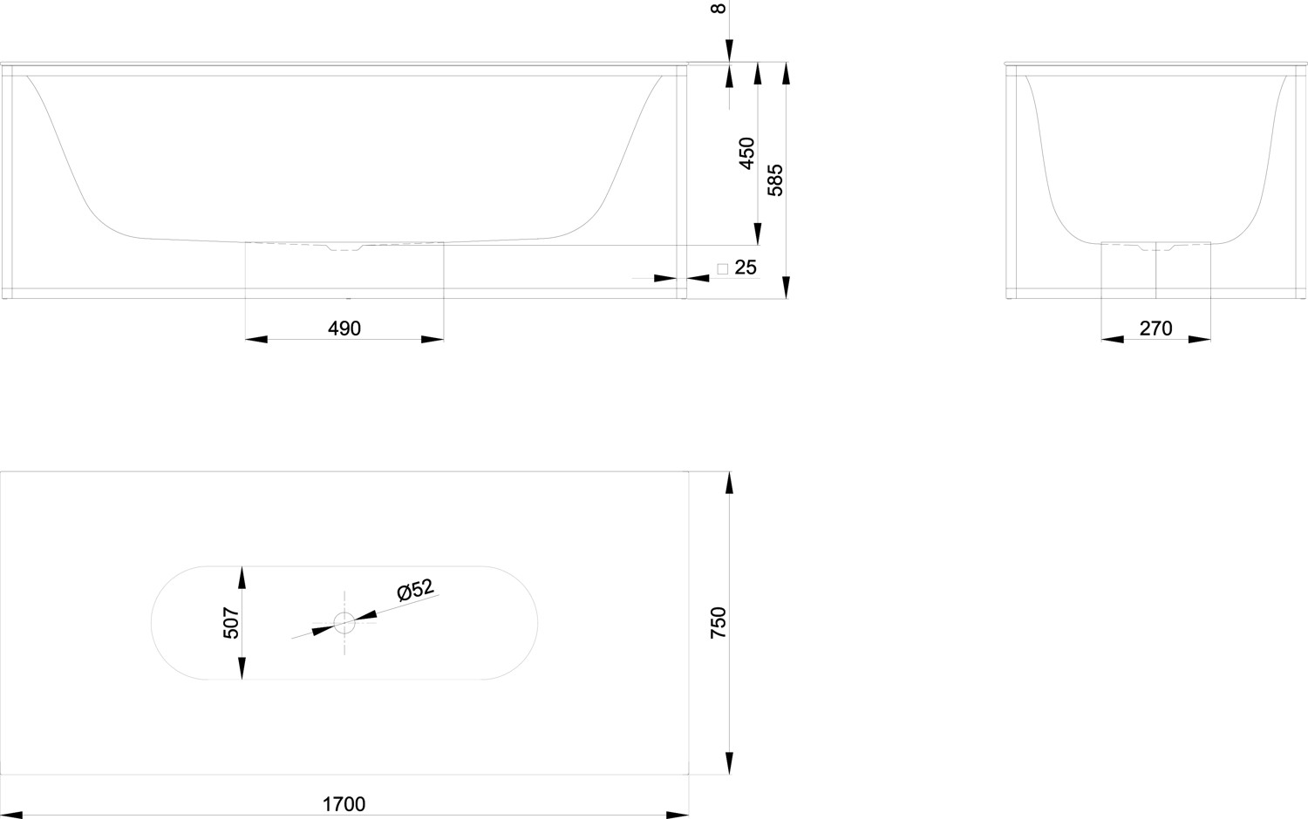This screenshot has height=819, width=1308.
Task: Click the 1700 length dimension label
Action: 344,804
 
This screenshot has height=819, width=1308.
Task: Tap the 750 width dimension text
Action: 719,622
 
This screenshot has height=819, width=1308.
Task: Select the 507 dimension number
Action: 232,623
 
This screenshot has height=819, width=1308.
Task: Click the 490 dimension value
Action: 344,328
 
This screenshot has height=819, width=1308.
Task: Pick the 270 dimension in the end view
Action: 1155,328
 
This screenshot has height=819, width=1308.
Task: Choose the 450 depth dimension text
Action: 746,153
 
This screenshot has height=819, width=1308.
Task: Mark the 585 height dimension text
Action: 775,180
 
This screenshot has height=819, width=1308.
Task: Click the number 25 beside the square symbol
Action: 745,267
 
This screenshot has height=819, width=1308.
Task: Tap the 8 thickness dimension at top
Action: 719,8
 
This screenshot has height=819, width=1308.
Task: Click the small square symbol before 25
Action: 722,269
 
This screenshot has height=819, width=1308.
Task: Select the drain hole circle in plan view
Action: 344,622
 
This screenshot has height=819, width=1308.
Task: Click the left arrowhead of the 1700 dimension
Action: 11,815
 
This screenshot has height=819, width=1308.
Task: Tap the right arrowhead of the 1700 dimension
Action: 678,815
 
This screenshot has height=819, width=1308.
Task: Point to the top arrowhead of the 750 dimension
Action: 729,483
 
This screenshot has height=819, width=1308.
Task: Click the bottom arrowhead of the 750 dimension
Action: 729,763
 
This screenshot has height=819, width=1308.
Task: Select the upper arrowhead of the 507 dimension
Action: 242,577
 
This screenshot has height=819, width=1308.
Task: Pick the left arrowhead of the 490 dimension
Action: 256,339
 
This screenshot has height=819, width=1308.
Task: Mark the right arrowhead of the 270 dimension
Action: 1199,339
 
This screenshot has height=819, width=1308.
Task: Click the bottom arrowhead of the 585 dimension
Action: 786,288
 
